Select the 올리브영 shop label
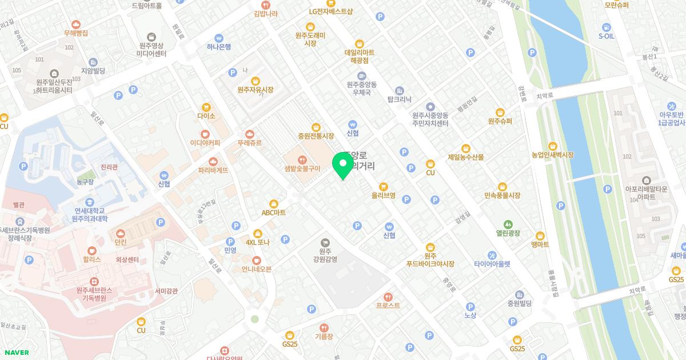coord(383,195)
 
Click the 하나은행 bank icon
coord(218,38)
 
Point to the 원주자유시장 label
coord(255,90)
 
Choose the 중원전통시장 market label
coord(316,137)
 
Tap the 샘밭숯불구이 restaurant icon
coord(302,158)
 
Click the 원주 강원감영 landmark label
coord(325,255)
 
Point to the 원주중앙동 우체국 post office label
coord(361,87)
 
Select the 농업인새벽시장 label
coord(552,155)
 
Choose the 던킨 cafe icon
coord(120,233)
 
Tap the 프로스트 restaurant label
coord(388,305)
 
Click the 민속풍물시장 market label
coord(502,195)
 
